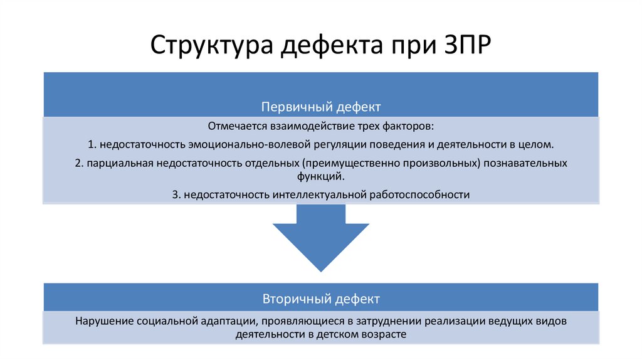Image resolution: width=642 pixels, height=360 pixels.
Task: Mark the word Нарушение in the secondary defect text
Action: (x=102, y=321)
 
